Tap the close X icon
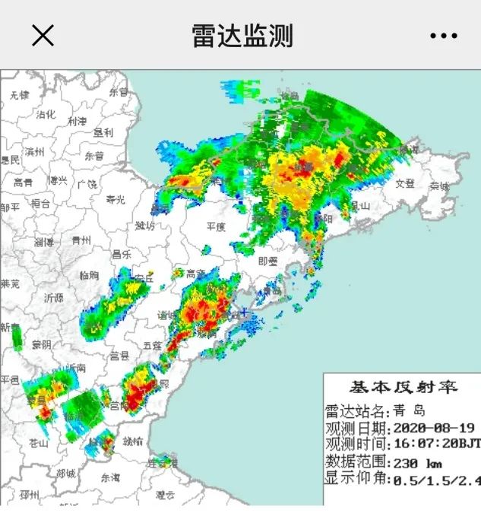[x=43, y=35]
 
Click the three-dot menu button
[x=443, y=36]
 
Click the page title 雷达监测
[x=242, y=36]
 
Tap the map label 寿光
[x=115, y=200]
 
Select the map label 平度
[x=217, y=227]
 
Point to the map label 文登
[x=405, y=182]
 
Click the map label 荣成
[x=438, y=185]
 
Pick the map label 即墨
[x=268, y=260]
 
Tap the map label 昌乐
[x=121, y=254]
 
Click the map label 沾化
[x=46, y=114]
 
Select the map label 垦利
[x=103, y=131]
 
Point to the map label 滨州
[x=34, y=152]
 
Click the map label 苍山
[x=38, y=443]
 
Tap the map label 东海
[x=110, y=477]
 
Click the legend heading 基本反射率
[x=403, y=387]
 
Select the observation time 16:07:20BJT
[x=436, y=444]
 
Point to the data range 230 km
[x=418, y=462]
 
